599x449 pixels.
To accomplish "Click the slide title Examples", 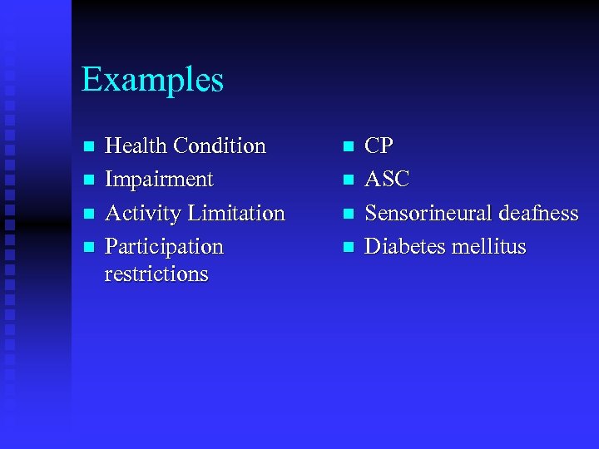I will pos(152,81).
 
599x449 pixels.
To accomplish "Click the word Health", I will pos(136,146).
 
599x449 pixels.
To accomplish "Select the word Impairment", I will pos(159,180).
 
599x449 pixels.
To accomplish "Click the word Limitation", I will pos(236,214).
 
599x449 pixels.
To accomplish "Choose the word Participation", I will pos(164,248).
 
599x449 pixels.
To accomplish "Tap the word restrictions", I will pos(156,274).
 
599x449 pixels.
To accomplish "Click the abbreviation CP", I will pos(379,146).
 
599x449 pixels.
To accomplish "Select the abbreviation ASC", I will pos(387,180).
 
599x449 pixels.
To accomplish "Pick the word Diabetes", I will pos(399,247).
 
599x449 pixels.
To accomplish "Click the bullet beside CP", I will pos(349,147).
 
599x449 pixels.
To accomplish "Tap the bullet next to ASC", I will pos(349,180).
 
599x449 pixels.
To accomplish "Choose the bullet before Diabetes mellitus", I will pos(349,248).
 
